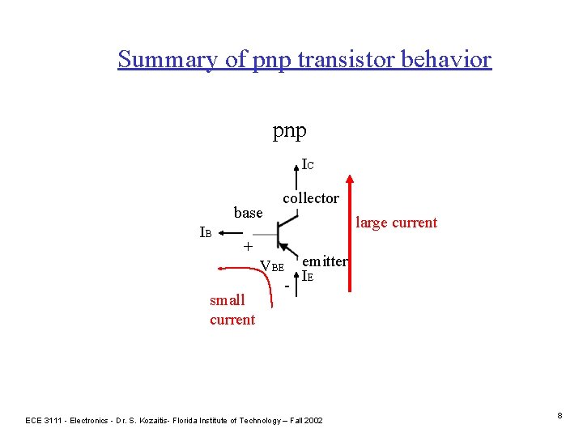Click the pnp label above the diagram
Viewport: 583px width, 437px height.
[289, 129]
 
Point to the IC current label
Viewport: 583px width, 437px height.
[308, 165]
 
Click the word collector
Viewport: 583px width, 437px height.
[311, 198]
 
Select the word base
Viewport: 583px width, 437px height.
[248, 213]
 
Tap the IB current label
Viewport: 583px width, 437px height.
[206, 233]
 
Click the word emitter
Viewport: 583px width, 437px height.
[324, 261]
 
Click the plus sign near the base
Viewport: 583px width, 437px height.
[249, 246]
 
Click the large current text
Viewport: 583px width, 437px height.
[396, 223]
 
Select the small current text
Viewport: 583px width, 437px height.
[232, 310]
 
